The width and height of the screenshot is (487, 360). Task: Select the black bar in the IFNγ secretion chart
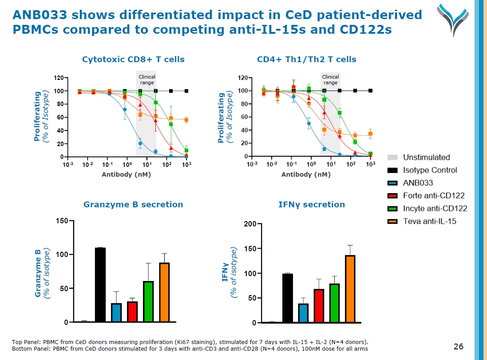(x=288, y=298)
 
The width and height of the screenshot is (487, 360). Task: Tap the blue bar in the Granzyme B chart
(x=116, y=313)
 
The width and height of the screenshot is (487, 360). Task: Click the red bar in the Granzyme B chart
(x=132, y=312)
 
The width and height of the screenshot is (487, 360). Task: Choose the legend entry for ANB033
(x=418, y=183)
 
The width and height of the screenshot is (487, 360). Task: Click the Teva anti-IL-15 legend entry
(x=429, y=221)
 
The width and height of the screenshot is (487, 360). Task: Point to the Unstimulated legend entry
(x=426, y=157)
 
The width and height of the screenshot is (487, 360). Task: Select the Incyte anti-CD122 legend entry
(x=435, y=208)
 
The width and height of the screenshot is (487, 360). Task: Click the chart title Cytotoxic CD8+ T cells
(x=133, y=59)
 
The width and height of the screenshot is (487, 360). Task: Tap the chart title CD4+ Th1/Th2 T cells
(x=306, y=59)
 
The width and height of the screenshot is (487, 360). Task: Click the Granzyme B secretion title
(x=133, y=205)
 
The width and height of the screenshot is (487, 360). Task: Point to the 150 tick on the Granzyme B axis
(x=62, y=221)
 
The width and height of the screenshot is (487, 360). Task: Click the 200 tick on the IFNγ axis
(x=250, y=224)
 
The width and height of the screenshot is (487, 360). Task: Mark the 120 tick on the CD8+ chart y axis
(x=59, y=78)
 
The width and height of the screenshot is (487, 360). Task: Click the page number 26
(x=459, y=346)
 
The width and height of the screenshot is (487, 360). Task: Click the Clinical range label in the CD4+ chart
(x=330, y=80)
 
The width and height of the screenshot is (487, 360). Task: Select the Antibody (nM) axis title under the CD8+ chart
(x=127, y=174)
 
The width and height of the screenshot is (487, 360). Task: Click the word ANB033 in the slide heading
(x=40, y=16)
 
